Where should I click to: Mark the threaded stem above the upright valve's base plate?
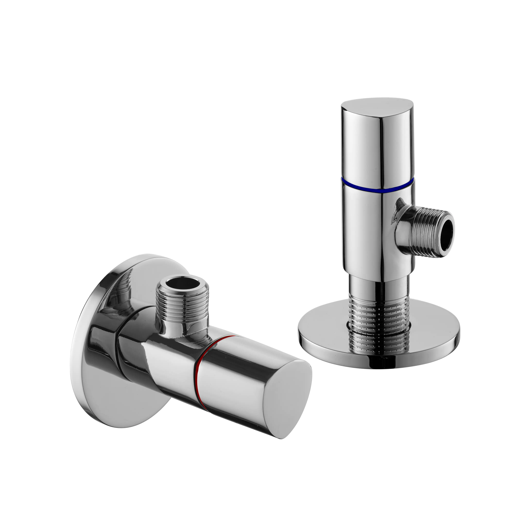pyautogui.click(x=379, y=320)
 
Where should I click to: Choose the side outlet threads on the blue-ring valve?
pyautogui.click(x=424, y=232)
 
